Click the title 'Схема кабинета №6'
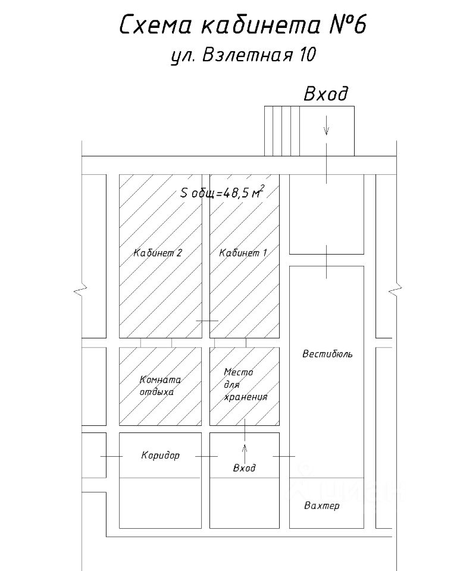[x=243, y=26]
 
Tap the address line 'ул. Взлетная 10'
[x=243, y=55]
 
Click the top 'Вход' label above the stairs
[x=326, y=94]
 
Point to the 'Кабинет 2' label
[x=158, y=253]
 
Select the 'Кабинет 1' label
[x=243, y=253]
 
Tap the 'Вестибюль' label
[x=327, y=354]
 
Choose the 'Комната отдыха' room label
[x=160, y=385]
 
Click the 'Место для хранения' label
[x=245, y=385]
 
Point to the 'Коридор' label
[x=160, y=456]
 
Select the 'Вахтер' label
[x=322, y=506]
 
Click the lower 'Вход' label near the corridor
[x=244, y=468]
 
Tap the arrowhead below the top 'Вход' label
[x=327, y=131]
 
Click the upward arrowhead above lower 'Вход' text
[x=245, y=448]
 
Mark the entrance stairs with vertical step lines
[x=282, y=131]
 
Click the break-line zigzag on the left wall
[x=81, y=290]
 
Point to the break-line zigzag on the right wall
[x=396, y=290]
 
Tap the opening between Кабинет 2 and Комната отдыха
[x=156, y=343]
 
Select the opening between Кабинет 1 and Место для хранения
[x=230, y=343]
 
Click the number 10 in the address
[x=307, y=55]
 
